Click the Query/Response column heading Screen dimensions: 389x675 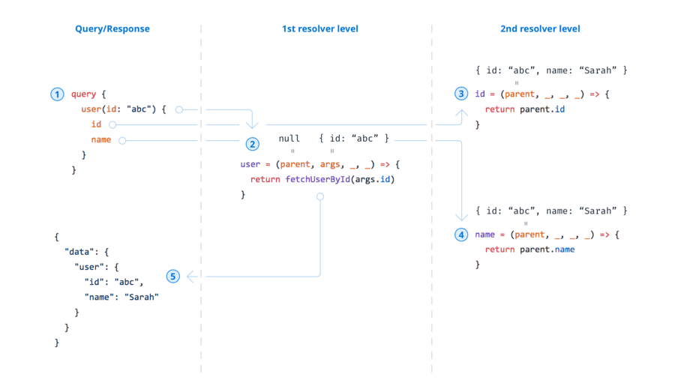[112, 29]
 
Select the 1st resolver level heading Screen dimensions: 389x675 [319, 29]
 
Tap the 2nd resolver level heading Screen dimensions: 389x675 [540, 29]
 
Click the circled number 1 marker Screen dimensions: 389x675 [57, 94]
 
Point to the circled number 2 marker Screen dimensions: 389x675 [252, 144]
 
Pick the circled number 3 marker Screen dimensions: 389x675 [461, 94]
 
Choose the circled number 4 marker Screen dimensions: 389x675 [461, 235]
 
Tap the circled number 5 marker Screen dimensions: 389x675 [173, 277]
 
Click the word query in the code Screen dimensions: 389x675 [83, 94]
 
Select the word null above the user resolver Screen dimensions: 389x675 [289, 139]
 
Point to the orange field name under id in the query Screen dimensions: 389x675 [100, 139]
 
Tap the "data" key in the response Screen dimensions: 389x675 [79, 252]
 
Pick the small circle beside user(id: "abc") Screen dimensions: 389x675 [178, 109]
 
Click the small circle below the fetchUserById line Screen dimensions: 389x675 [320, 196]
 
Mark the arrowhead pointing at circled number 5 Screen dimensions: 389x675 [190, 277]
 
